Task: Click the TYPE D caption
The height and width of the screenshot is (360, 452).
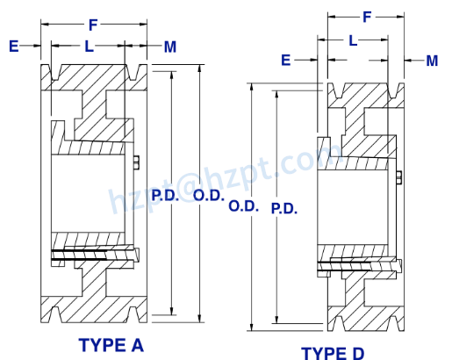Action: [333, 353]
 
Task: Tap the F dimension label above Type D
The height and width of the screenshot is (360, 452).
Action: [367, 16]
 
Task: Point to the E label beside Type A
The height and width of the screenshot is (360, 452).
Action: [13, 46]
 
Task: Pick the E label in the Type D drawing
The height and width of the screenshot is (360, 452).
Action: [286, 59]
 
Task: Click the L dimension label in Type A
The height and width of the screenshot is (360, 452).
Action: [89, 46]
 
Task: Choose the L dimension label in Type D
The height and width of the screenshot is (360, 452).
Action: [353, 40]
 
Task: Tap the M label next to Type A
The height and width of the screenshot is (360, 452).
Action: [169, 46]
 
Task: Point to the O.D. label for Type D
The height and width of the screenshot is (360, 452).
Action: [242, 207]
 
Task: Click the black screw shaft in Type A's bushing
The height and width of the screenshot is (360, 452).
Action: [92, 256]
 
